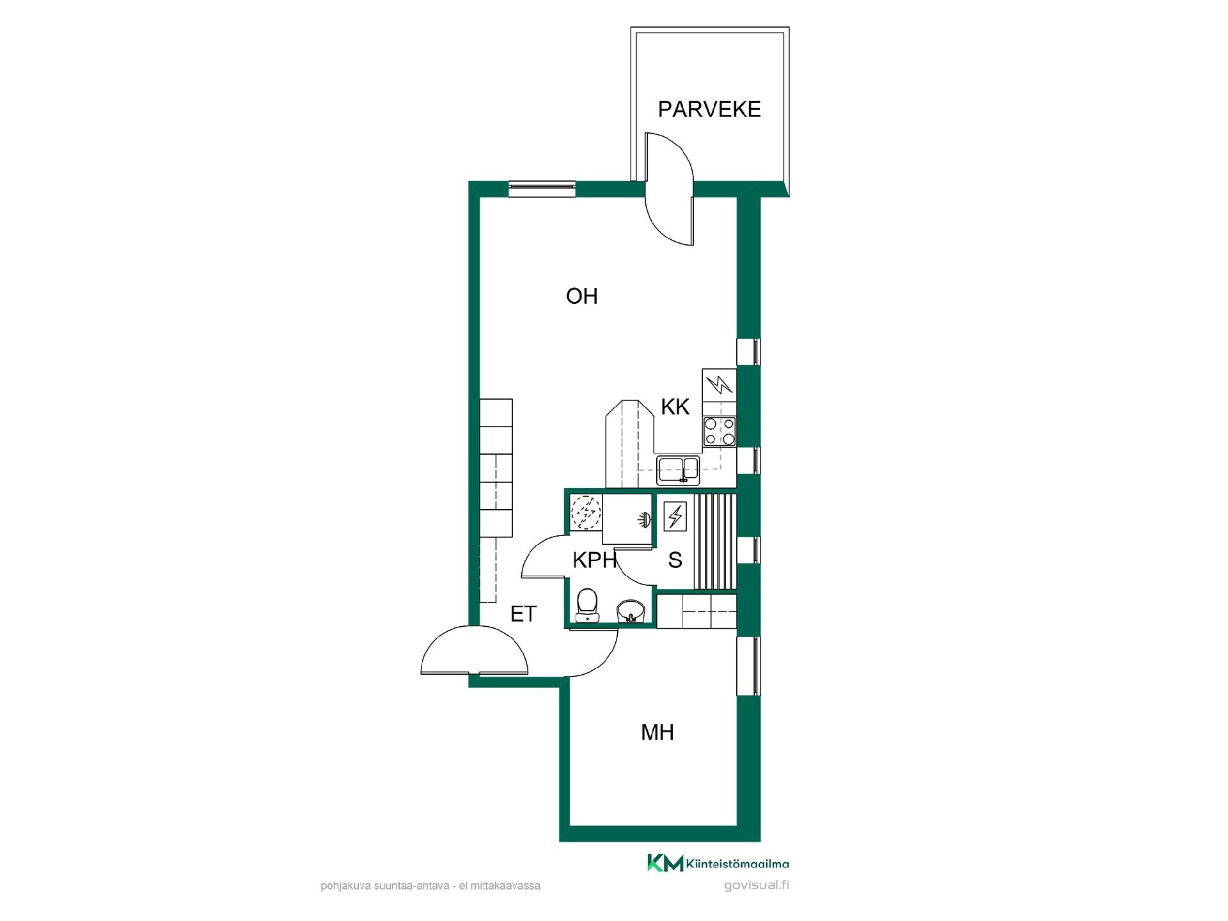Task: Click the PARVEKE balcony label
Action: click(709, 109)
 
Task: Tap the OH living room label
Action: click(582, 296)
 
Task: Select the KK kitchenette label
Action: click(675, 407)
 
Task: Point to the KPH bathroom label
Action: click(594, 560)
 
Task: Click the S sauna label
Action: click(675, 560)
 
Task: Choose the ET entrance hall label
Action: click(523, 614)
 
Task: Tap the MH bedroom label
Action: click(657, 732)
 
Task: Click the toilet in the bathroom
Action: click(587, 606)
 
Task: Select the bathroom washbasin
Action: click(631, 611)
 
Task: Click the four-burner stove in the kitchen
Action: click(720, 431)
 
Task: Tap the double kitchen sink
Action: click(679, 469)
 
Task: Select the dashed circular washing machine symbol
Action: click(585, 513)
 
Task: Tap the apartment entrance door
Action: click(475, 650)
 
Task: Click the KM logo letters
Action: click(665, 863)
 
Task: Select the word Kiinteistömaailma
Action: click(737, 863)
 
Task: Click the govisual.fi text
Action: click(757, 886)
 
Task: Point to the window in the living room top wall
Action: click(542, 189)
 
